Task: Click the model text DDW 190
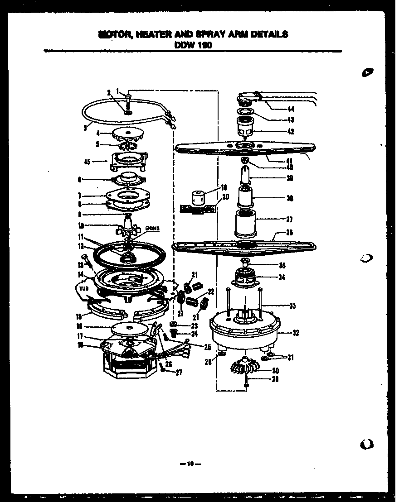pyautogui.click(x=193, y=44)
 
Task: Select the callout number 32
pyautogui.click(x=296, y=333)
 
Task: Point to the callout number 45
pyautogui.click(x=87, y=161)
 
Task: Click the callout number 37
pyautogui.click(x=289, y=220)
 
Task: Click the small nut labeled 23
pyautogui.click(x=174, y=325)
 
